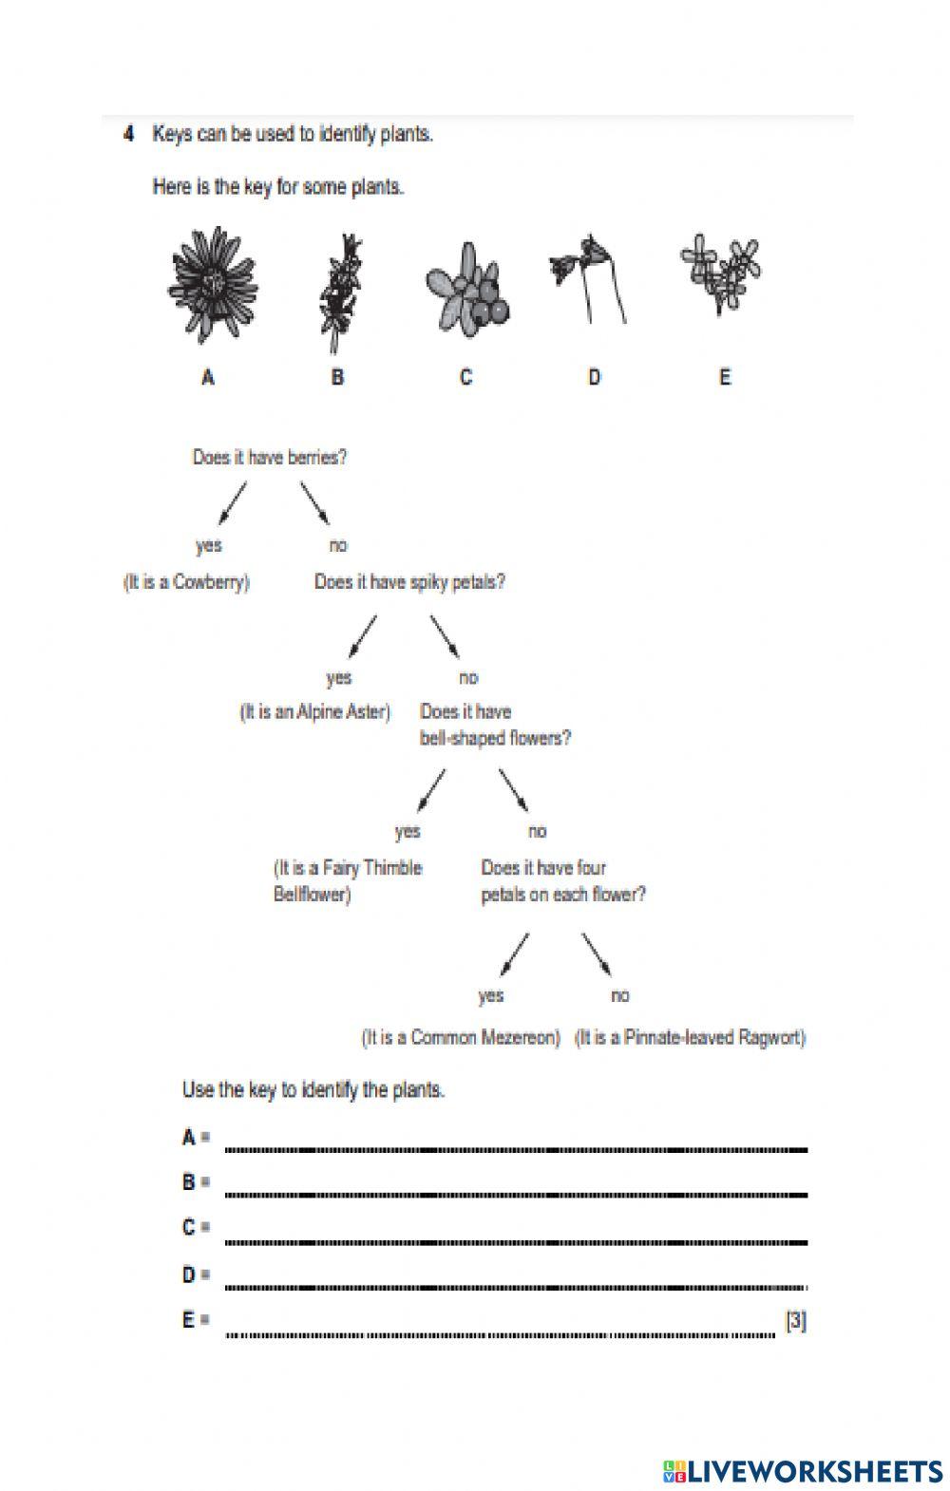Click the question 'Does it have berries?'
coord(270,458)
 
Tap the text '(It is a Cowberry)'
coord(186,582)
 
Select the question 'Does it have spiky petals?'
coord(409,582)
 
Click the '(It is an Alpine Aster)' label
coord(314,712)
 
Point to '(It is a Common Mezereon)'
coord(462,1038)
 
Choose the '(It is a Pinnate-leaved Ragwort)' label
coord(691,1038)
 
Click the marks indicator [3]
coord(796,1321)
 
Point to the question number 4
coord(128,134)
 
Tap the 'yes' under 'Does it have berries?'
coord(208,545)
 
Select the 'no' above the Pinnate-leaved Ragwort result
coord(619,996)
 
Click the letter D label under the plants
coord(595,378)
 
